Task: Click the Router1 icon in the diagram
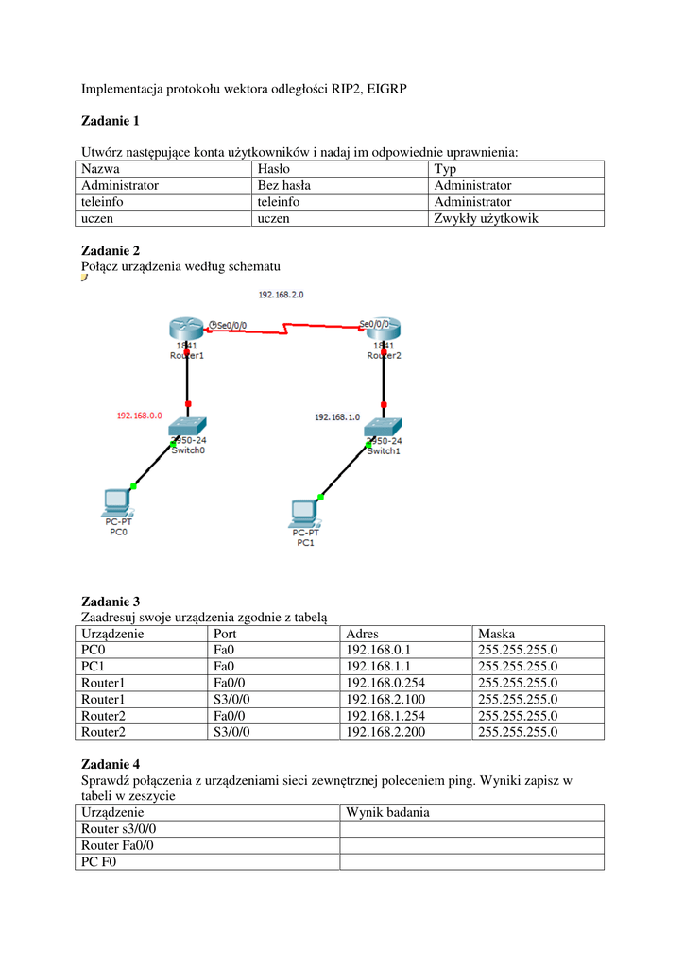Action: coord(187,330)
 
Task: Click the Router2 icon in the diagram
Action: coord(384,330)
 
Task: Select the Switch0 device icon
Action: coord(189,429)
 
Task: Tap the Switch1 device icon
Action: coord(384,429)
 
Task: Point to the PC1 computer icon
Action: coord(304,513)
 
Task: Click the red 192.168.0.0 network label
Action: coord(140,416)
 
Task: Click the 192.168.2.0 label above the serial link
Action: coord(281,296)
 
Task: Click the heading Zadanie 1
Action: coord(110,120)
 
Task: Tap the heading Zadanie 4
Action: coord(111,763)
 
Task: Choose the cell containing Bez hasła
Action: coord(284,185)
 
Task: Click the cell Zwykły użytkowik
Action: coord(486,218)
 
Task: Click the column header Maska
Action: coord(497,634)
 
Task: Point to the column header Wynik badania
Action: coord(388,812)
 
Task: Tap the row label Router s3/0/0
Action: coord(119,829)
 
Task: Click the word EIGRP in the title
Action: coord(385,90)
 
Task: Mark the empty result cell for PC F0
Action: coord(471,861)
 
